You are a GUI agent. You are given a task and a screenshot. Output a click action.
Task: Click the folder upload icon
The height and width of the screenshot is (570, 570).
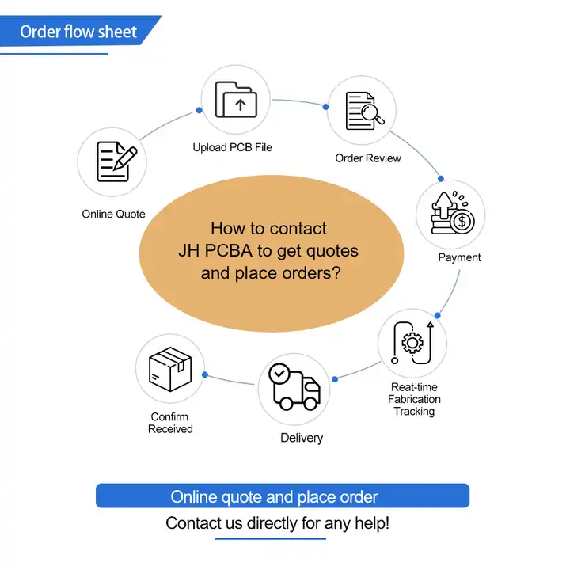(236, 99)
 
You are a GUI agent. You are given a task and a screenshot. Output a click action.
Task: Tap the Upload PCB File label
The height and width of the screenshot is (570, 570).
(232, 147)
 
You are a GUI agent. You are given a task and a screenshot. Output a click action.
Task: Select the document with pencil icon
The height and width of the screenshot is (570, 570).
(116, 161)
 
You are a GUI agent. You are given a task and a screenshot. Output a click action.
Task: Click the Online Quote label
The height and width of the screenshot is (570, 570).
(113, 214)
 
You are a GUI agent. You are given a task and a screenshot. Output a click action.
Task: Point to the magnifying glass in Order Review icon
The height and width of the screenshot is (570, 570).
(373, 113)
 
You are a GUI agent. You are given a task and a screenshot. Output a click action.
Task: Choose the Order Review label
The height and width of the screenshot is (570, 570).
(368, 158)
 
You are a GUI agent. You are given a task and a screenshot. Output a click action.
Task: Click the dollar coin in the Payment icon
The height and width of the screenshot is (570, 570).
(462, 222)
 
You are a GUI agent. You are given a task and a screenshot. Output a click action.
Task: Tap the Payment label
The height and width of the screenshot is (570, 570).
(459, 257)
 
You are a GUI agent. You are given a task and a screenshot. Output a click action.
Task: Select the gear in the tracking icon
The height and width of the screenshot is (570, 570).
(412, 343)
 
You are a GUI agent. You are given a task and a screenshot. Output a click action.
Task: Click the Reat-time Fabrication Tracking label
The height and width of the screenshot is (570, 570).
(414, 399)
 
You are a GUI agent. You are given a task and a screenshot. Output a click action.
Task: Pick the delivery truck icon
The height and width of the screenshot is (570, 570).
(294, 387)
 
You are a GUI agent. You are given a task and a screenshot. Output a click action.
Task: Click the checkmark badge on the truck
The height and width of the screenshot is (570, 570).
(279, 374)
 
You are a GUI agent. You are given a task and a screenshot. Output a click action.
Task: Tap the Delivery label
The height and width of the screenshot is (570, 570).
(302, 438)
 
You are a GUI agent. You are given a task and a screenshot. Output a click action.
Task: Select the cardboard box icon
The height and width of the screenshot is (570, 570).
(170, 369)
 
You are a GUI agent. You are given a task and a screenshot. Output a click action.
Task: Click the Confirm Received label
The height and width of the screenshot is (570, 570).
(170, 423)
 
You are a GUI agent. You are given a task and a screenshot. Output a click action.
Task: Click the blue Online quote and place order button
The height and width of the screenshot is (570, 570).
(283, 496)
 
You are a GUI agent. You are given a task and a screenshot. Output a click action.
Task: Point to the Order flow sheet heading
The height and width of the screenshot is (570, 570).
(78, 32)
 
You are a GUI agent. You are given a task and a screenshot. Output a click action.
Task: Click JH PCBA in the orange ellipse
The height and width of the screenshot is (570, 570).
(215, 250)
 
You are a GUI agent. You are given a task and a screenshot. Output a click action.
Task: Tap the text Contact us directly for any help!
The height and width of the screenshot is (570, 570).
(277, 523)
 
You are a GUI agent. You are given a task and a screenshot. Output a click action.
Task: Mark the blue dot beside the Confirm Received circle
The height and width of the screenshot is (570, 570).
(205, 374)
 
